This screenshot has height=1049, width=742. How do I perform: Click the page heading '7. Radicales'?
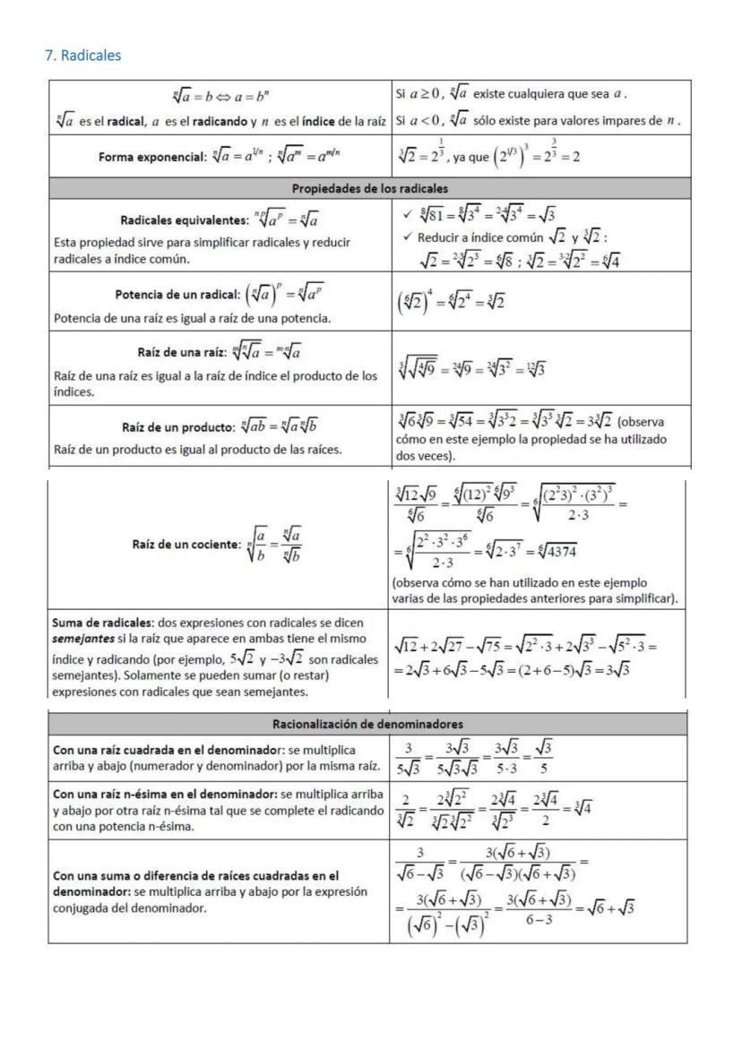click(x=82, y=56)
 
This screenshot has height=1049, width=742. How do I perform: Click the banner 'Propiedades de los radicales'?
click(x=368, y=189)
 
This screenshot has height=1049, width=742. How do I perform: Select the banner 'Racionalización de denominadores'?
click(x=367, y=723)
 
